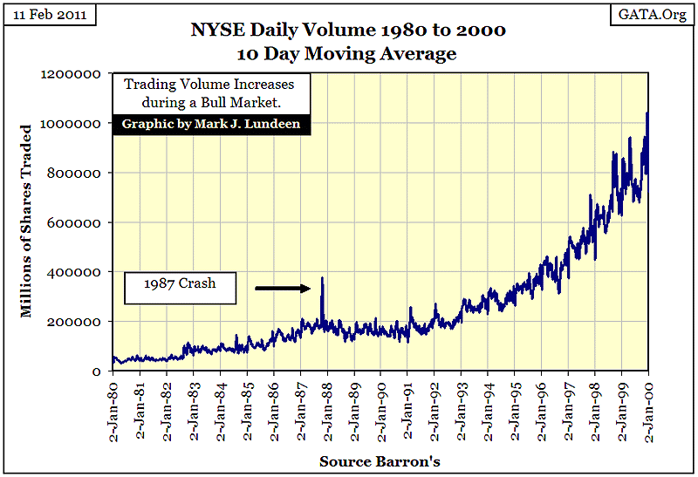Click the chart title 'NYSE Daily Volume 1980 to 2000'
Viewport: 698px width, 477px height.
(x=348, y=31)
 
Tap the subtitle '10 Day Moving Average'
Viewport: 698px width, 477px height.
(x=348, y=54)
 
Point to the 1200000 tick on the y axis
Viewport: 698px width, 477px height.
(x=74, y=75)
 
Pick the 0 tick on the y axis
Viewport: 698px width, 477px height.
(x=99, y=371)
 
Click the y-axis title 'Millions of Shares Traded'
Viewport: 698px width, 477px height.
(x=28, y=221)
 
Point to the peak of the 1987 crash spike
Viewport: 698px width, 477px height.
(x=322, y=278)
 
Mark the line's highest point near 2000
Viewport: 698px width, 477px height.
(x=647, y=112)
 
